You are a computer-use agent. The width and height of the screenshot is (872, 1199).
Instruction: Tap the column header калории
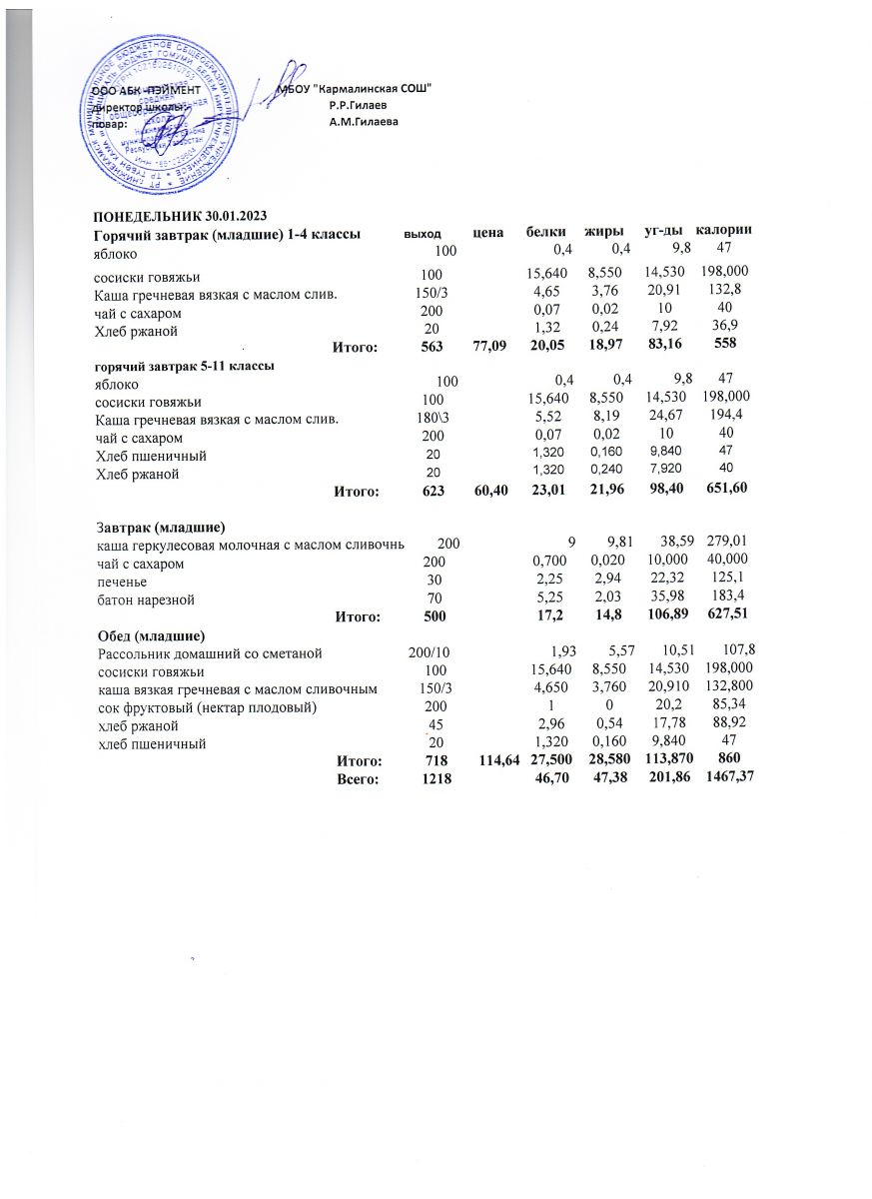tap(723, 232)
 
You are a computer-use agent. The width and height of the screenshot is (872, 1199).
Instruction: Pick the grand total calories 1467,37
tap(724, 779)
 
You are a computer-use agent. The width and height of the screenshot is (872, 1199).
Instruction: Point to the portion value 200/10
tap(430, 653)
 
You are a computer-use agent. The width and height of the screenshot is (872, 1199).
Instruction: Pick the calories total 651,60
tap(722, 491)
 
